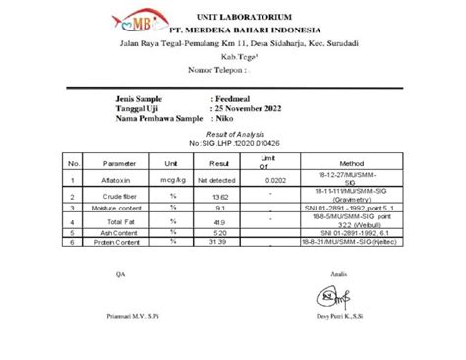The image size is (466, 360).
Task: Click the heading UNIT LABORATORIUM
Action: pyautogui.click(x=259, y=18)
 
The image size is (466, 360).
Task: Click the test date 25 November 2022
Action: pyautogui.click(x=256, y=109)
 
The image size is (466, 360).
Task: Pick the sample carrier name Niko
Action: pyautogui.click(x=225, y=119)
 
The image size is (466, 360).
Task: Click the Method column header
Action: pyautogui.click(x=352, y=162)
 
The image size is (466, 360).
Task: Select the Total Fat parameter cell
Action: pyautogui.click(x=117, y=222)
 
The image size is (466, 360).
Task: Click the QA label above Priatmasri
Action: pyautogui.click(x=121, y=273)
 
